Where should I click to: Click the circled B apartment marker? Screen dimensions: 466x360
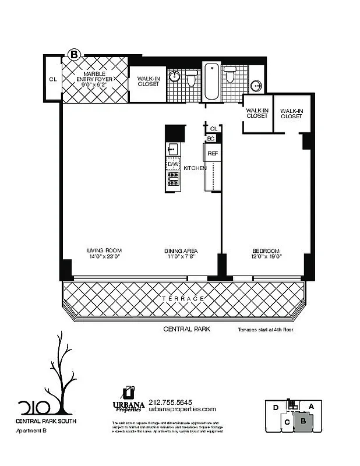click(74, 54)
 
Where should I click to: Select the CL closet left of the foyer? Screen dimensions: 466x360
click(52, 79)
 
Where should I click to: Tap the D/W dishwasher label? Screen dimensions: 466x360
click(173, 164)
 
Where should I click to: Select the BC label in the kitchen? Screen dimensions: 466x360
click(211, 139)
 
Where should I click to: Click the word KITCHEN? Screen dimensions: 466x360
click(195, 168)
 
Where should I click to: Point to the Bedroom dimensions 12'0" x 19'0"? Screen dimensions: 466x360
click(266, 256)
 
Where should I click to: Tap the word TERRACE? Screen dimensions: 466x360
click(183, 298)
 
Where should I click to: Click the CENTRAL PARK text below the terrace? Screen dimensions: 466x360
click(186, 329)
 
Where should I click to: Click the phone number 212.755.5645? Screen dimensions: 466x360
click(171, 402)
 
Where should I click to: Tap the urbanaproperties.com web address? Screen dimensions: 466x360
click(182, 409)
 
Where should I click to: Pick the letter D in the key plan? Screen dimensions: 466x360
click(274, 407)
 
